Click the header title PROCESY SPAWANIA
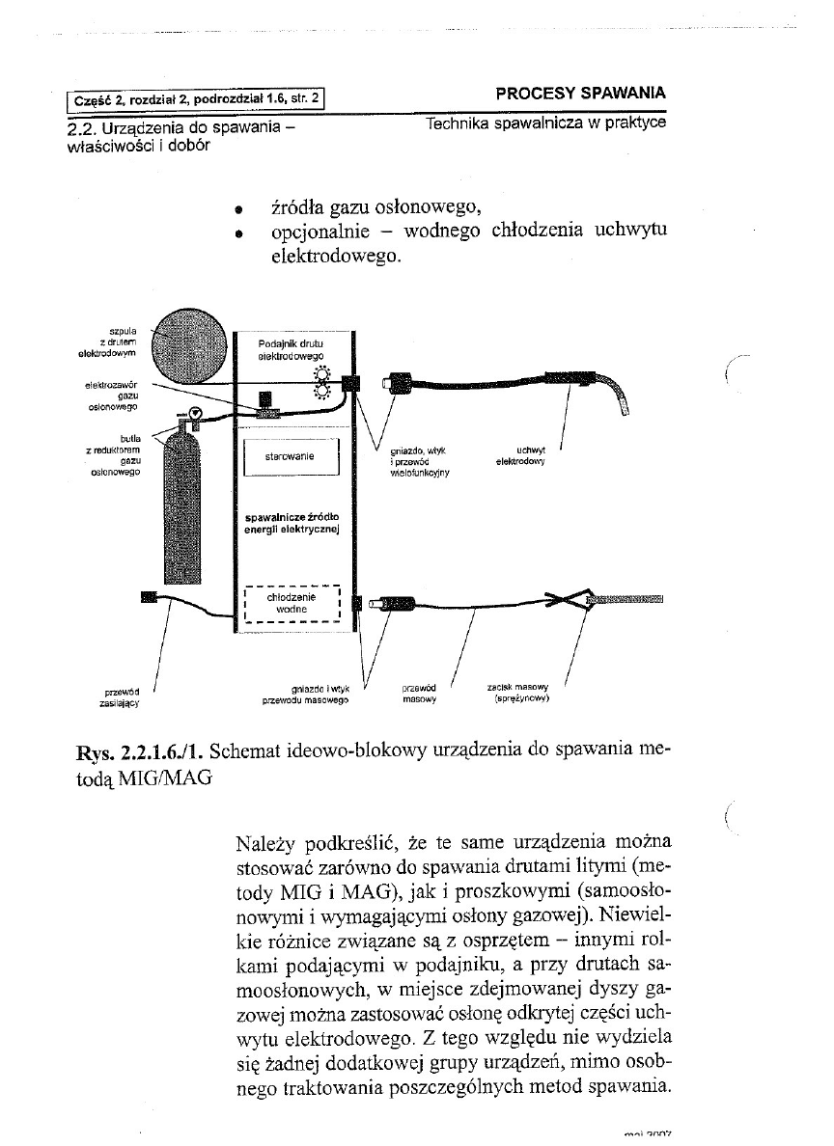click(x=579, y=94)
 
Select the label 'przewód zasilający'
click(x=123, y=697)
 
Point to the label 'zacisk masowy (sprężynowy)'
click(x=520, y=694)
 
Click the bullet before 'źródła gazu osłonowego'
click(x=236, y=207)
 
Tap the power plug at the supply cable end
click(x=149, y=598)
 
